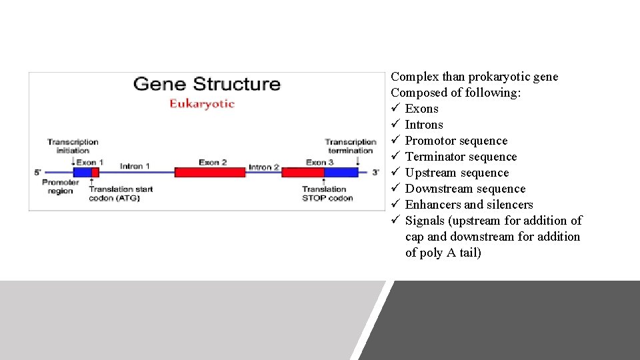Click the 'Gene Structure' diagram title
pyautogui.click(x=207, y=85)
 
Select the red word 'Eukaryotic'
pyautogui.click(x=201, y=103)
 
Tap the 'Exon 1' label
pyautogui.click(x=90, y=162)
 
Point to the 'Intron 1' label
pyautogui.click(x=135, y=165)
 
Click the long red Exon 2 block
pyautogui.click(x=209, y=172)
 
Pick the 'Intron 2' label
pyautogui.click(x=264, y=167)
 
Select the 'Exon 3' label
pyautogui.click(x=316, y=162)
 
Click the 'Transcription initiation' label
pyautogui.click(x=73, y=146)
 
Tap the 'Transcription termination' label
pyautogui.click(x=350, y=146)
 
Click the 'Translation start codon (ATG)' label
pyautogui.click(x=121, y=193)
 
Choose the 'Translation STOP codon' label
pyautogui.click(x=327, y=193)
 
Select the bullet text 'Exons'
pyautogui.click(x=421, y=109)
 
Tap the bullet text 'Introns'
pyautogui.click(x=423, y=125)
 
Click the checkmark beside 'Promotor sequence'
pyautogui.click(x=395, y=141)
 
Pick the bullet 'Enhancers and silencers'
pyautogui.click(x=469, y=205)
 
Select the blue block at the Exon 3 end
pyautogui.click(x=341, y=172)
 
